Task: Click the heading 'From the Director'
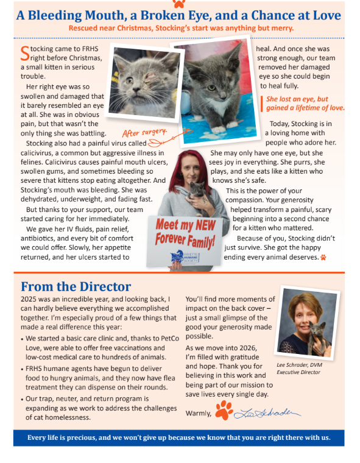tap(76, 286)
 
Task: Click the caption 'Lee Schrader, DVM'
tap(299, 365)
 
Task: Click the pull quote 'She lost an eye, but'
tap(297, 99)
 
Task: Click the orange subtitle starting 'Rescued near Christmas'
tap(181, 27)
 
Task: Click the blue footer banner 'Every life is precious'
tap(178, 437)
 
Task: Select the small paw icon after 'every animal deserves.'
tap(323, 257)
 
